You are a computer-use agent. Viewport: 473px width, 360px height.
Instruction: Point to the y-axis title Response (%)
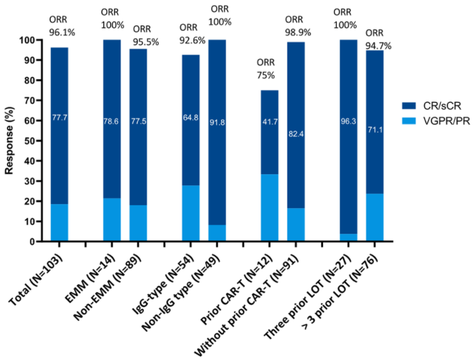point(10,141)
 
